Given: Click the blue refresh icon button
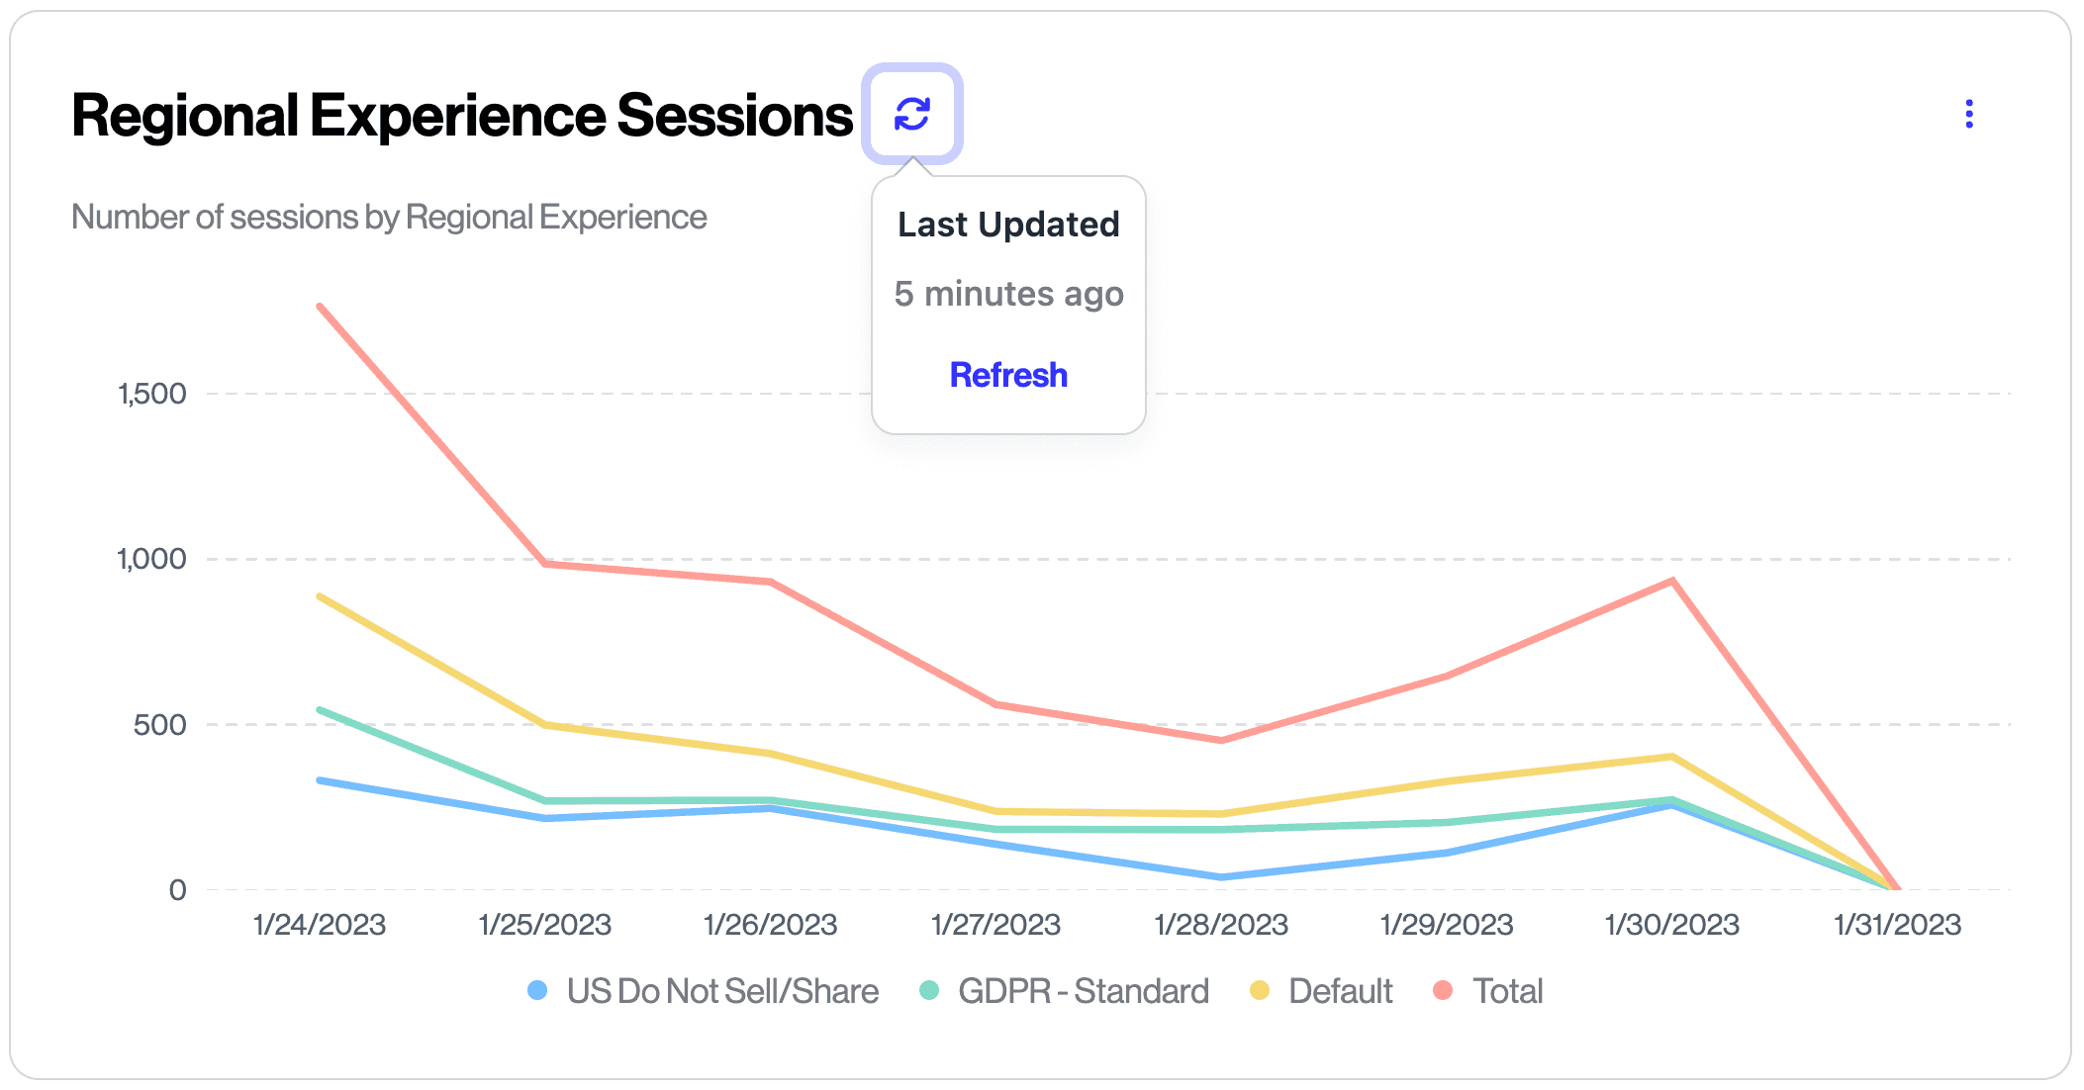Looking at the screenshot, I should click(x=911, y=114).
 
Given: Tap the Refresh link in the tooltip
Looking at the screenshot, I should click(x=1008, y=375).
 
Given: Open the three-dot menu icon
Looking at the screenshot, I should click(x=1968, y=115).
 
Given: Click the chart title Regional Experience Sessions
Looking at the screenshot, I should click(x=461, y=116).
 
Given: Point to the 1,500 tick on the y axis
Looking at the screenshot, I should click(x=151, y=394).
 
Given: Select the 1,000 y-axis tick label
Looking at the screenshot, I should click(x=151, y=559).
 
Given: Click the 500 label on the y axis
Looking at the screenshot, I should click(x=159, y=725).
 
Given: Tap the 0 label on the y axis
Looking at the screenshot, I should click(x=177, y=890).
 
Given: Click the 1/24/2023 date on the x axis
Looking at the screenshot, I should click(x=319, y=925).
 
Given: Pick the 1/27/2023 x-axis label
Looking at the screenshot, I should click(x=995, y=925).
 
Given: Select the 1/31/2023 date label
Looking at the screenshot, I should click(x=1897, y=925).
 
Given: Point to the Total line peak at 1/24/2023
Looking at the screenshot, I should click(x=320, y=307).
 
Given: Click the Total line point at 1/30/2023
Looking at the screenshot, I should click(x=1672, y=581).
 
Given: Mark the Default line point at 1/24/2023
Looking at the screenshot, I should click(x=320, y=596).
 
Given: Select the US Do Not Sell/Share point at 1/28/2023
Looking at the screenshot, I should click(x=1221, y=877).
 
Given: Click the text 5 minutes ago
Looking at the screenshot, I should click(x=1008, y=294).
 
